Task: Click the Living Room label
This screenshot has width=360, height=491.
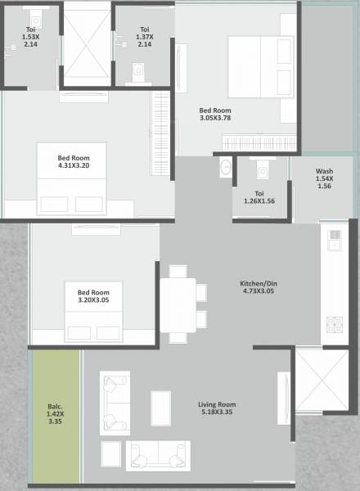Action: click(x=217, y=409)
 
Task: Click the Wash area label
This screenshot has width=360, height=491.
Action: click(x=324, y=178)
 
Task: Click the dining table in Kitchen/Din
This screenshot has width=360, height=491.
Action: click(x=178, y=304)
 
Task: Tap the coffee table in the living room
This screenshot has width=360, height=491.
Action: click(x=161, y=408)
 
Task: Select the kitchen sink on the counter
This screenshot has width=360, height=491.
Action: click(x=334, y=240)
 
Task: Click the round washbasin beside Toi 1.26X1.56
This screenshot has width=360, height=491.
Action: click(x=225, y=169)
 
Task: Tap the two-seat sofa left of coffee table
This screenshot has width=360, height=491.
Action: click(x=114, y=403)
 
